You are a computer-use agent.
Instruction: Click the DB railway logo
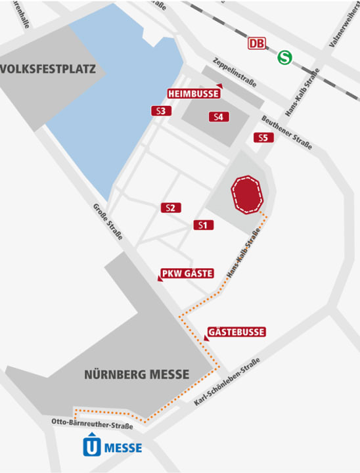(x=257, y=44)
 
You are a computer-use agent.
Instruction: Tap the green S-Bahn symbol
(x=284, y=57)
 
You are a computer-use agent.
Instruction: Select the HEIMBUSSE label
(x=193, y=93)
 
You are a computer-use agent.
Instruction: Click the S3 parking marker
(x=160, y=111)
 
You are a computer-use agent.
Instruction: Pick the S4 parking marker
(x=219, y=117)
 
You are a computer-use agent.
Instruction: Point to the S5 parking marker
(x=263, y=137)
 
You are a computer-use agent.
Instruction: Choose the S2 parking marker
(x=171, y=208)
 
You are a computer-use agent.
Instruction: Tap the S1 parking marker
(x=204, y=225)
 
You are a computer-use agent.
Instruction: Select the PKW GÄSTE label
(x=187, y=273)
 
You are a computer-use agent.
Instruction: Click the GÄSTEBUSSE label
(x=236, y=332)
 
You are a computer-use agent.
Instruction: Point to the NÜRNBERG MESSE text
(x=137, y=375)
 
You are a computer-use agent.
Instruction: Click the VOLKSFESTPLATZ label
(x=49, y=69)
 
